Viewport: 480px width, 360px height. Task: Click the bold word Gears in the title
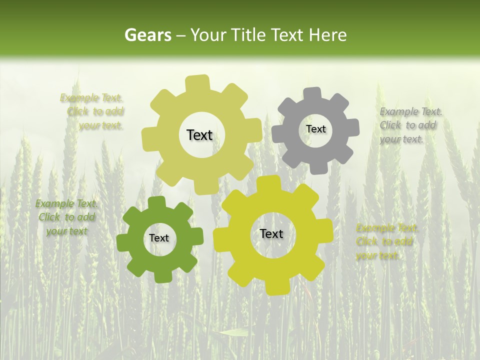(x=147, y=35)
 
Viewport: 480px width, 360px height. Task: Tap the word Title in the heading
(x=251, y=35)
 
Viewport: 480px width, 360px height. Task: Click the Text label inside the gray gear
(x=315, y=129)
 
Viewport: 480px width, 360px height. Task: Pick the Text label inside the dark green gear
(x=159, y=238)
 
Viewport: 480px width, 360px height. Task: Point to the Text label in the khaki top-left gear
(x=199, y=135)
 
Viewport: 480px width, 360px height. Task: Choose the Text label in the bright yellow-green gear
(x=271, y=233)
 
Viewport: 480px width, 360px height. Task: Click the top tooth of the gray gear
(x=312, y=93)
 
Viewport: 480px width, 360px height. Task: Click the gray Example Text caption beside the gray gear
(x=410, y=125)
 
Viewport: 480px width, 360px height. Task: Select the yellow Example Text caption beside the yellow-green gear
(x=387, y=241)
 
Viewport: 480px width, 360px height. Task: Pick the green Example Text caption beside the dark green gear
(x=66, y=217)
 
